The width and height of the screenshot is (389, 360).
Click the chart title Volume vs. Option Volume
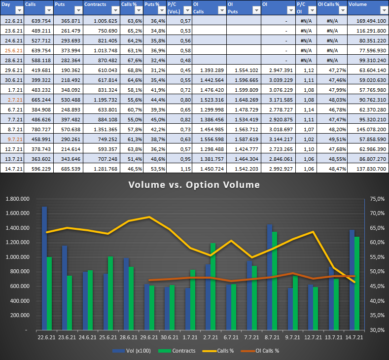pos(194,185)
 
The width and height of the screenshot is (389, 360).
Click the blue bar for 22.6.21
pos(44,268)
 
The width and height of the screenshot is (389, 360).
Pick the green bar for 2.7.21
pos(213,286)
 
